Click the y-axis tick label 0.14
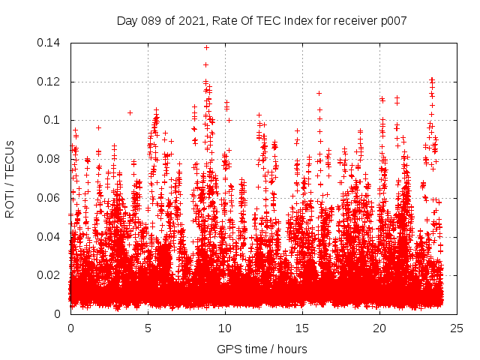pyautogui.click(x=51, y=43)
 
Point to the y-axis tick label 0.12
pyautogui.click(x=51, y=82)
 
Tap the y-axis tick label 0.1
pyautogui.click(x=54, y=120)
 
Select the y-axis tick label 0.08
pyautogui.click(x=51, y=159)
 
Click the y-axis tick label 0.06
pyautogui.click(x=51, y=198)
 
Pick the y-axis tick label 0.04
pyautogui.click(x=51, y=237)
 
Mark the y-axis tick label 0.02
pyautogui.click(x=51, y=275)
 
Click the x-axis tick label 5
pyautogui.click(x=148, y=328)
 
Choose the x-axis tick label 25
pyautogui.click(x=457, y=328)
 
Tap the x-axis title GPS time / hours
pyautogui.click(x=262, y=349)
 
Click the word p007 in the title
pyautogui.click(x=393, y=20)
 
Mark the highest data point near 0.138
pyautogui.click(x=206, y=47)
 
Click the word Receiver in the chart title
pyautogui.click(x=354, y=20)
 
